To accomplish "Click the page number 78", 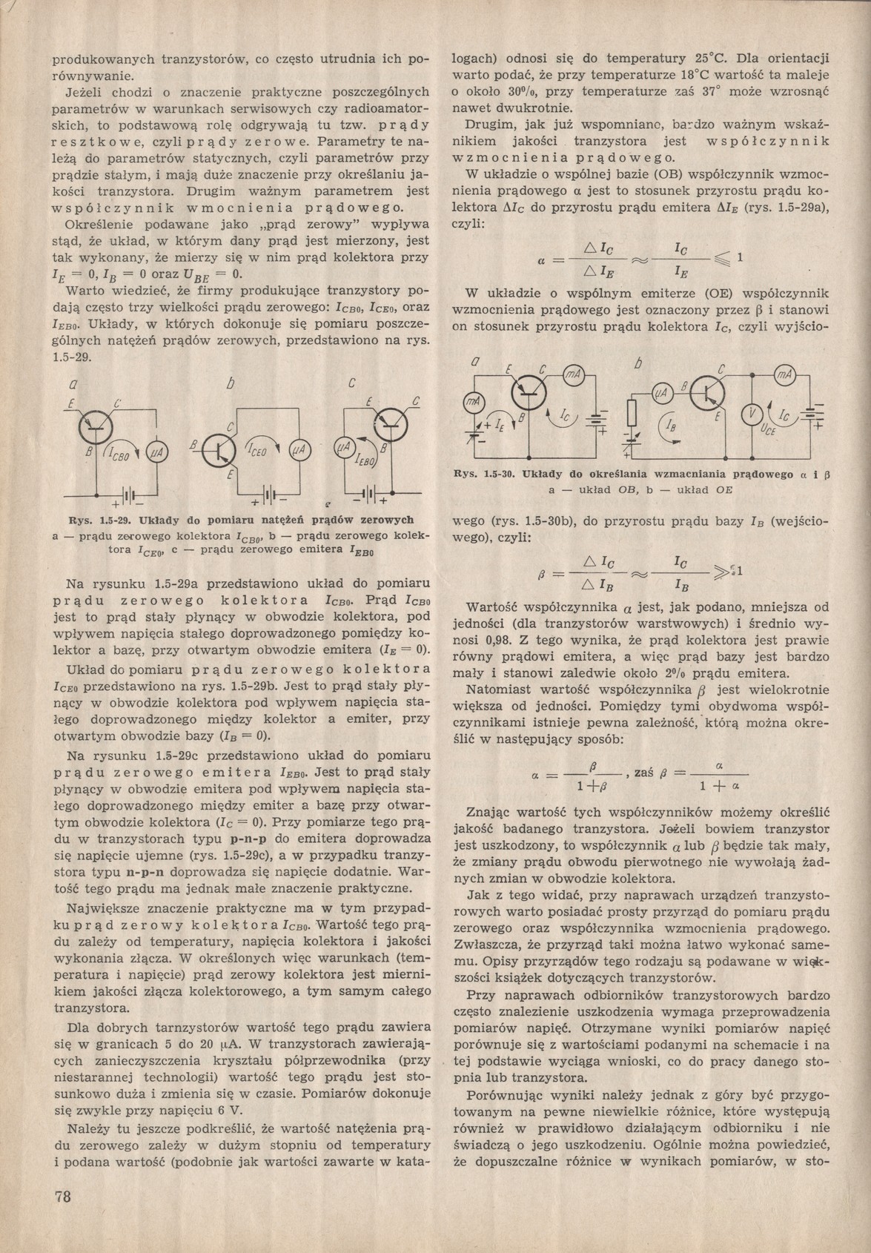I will click(x=62, y=1195).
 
